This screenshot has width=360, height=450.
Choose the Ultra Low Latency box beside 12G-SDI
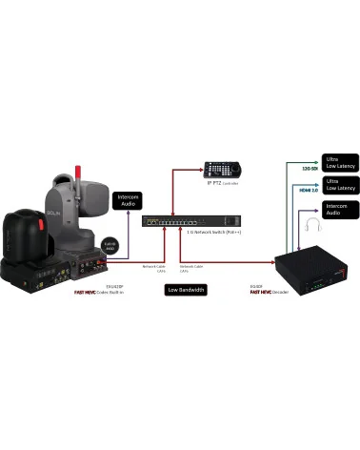[x=339, y=162]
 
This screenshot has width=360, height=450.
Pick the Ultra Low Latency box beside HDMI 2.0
[x=339, y=184]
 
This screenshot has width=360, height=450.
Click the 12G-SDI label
[x=308, y=168]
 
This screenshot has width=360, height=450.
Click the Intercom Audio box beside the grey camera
[x=129, y=200]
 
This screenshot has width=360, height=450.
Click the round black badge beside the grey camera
[x=110, y=244]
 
